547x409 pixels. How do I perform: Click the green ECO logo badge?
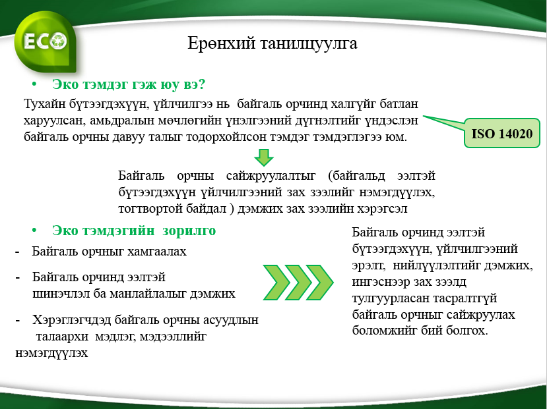pos(46,42)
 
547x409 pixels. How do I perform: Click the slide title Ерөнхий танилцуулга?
pos(273,43)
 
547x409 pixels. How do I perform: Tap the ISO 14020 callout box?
pos(502,133)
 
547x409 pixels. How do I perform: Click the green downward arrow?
pos(264,157)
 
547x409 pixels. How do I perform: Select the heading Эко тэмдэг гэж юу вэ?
pos(129,84)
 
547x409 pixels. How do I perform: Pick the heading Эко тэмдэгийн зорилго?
pos(134,231)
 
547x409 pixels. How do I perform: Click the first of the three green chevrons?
pos(276,283)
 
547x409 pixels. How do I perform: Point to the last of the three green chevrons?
pos(320,283)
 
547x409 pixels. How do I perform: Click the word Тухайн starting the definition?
pos(44,103)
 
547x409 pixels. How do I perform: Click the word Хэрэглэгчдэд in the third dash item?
pos(71,320)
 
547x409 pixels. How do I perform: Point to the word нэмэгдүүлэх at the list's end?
pos(51,353)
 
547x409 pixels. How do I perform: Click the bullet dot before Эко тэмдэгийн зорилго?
pos(34,230)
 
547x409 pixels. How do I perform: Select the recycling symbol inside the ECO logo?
pos(58,41)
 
